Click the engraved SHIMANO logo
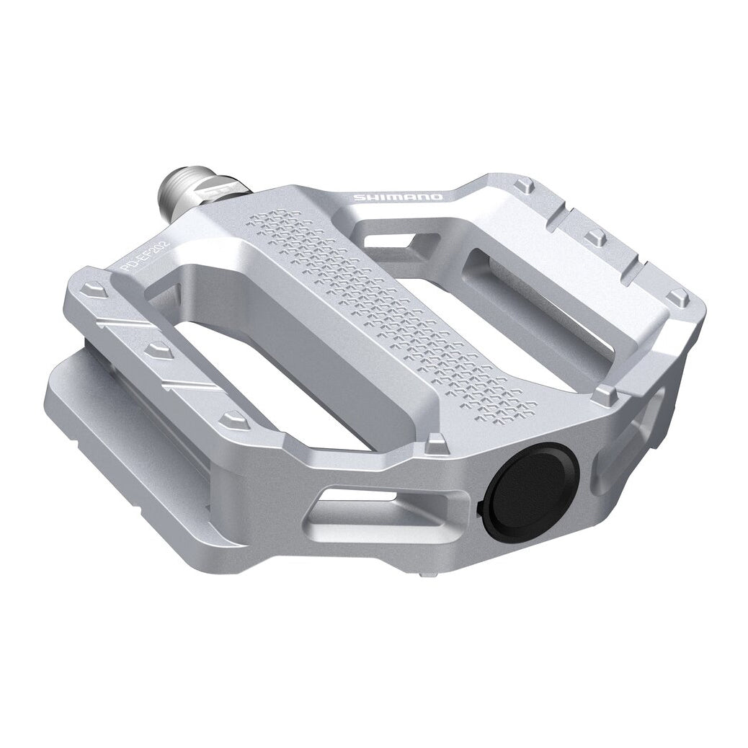click(x=398, y=197)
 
